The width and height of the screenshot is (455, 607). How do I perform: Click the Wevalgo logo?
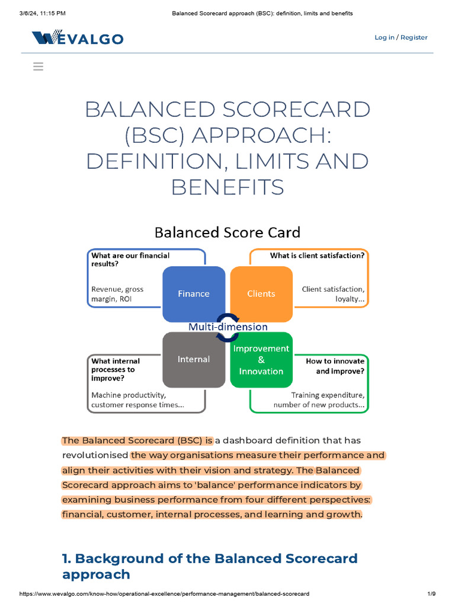tap(78, 39)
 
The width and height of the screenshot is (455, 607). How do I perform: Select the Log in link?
tap(384, 37)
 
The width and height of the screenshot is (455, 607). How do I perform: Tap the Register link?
tap(414, 37)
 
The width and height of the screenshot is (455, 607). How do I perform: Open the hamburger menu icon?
tap(39, 67)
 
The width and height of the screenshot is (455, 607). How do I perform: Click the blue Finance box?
tap(194, 293)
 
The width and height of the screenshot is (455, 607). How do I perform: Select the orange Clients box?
tap(261, 293)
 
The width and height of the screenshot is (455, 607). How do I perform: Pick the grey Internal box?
tap(194, 359)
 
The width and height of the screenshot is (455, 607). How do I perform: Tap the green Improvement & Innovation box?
tap(261, 360)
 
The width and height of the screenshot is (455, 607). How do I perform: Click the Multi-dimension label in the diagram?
tap(227, 327)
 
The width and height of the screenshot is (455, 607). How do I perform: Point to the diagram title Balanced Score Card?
tap(227, 232)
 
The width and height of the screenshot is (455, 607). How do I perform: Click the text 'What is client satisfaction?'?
tap(318, 255)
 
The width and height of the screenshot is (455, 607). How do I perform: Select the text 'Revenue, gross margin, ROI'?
tap(117, 294)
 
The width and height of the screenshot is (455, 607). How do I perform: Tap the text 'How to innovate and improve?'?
tap(335, 366)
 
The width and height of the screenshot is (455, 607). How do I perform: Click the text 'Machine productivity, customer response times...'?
tap(137, 400)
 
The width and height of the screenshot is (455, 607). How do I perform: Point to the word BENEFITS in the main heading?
tap(227, 187)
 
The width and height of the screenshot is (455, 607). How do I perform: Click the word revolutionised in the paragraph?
tap(95, 455)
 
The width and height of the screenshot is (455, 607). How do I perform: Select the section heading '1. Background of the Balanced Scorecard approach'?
tap(210, 566)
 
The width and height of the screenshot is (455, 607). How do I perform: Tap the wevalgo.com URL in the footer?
tap(165, 593)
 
